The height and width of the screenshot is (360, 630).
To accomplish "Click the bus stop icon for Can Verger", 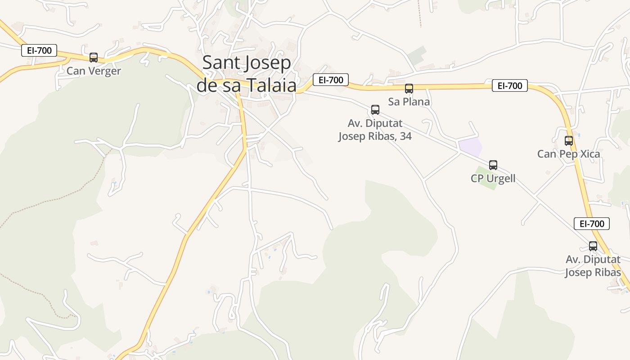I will (94, 57).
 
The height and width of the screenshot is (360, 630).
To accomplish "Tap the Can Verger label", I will (94, 71).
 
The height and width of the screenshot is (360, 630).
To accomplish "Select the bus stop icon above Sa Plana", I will (409, 89).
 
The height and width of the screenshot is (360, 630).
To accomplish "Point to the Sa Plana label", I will (409, 102).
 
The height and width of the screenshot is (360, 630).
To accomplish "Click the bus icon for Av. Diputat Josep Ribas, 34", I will (375, 109).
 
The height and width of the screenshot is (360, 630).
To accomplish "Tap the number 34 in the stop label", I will (405, 136).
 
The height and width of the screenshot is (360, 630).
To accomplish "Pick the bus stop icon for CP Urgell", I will (493, 165).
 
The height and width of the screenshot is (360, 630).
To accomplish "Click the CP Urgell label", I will (493, 179).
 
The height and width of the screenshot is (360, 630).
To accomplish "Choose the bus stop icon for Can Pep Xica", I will (569, 140).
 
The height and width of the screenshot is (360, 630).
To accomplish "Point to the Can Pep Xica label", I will (568, 154).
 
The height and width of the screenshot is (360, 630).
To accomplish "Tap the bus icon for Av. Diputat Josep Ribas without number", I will (593, 246).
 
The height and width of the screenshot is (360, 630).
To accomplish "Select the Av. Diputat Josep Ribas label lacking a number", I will (593, 266).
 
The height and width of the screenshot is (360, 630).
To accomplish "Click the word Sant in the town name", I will (219, 63).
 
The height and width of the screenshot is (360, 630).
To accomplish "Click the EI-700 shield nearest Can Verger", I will (39, 50).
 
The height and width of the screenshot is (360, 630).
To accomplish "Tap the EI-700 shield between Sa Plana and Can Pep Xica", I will (509, 85).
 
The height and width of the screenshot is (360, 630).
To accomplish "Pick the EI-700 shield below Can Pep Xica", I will (592, 223).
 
